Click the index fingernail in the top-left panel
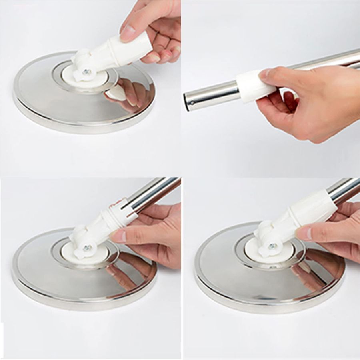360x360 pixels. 127,34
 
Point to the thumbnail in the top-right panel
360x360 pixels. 265,73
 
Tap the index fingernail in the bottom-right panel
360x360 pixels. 304,234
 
